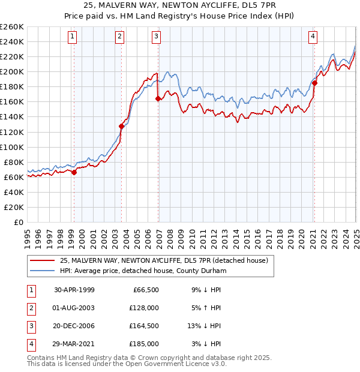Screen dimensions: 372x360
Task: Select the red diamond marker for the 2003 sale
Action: (121, 126)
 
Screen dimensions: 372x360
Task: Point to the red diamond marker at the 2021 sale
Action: (314, 83)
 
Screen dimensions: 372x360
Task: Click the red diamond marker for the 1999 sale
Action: (74, 172)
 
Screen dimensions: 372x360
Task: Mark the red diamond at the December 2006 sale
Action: (158, 98)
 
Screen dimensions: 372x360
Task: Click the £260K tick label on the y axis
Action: (12, 27)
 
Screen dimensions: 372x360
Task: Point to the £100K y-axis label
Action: (12, 147)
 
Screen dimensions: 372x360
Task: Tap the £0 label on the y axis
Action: (19, 222)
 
